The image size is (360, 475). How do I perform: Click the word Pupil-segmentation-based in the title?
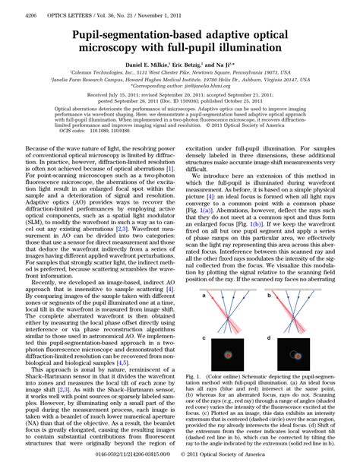(125, 35)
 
